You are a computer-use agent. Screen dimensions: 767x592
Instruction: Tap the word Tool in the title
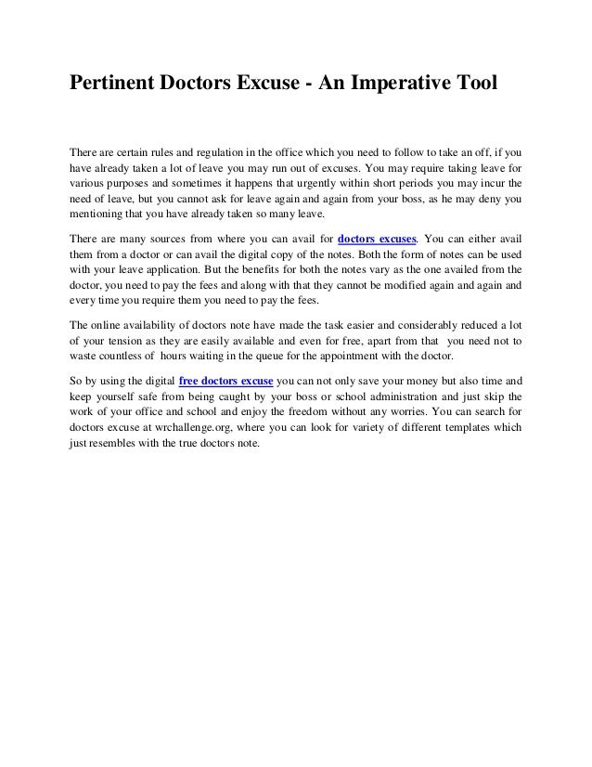(x=476, y=84)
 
